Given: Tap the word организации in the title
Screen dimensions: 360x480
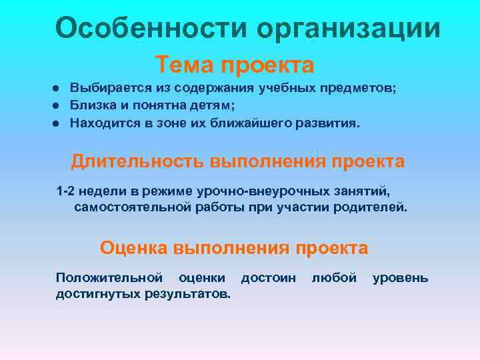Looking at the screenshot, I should pos(348,30).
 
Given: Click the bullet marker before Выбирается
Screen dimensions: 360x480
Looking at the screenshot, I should pos(59,89).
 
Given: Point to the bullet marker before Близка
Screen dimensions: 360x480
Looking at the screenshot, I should pos(59,105).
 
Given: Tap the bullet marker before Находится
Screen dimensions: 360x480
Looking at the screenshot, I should pos(59,123).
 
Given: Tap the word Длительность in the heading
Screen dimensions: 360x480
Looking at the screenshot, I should pos(137,162).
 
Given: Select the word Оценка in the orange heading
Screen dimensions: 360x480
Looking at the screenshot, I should pos(134,249).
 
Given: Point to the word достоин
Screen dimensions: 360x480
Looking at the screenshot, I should pos(268,278).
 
